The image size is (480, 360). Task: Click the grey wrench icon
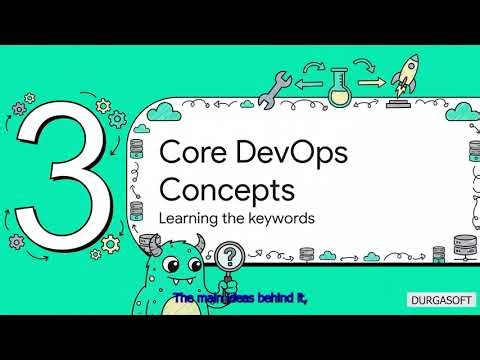coord(274,89)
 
